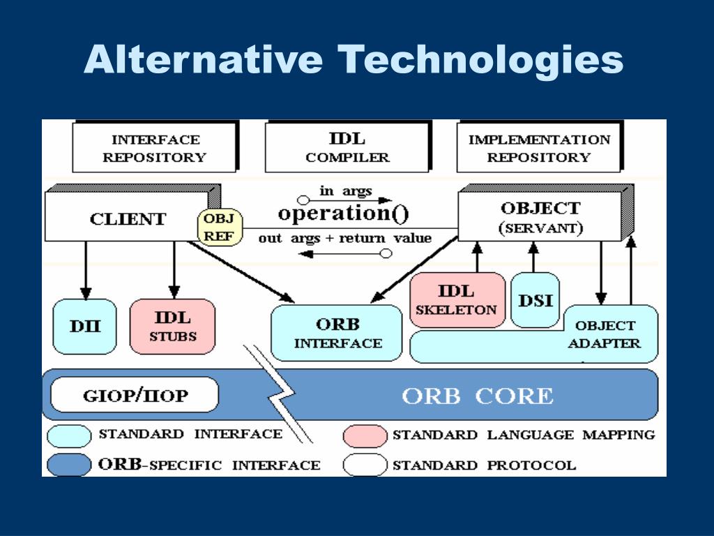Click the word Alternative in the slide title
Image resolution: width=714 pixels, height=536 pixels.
[x=204, y=59]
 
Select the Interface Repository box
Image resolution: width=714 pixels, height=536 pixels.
[x=155, y=147]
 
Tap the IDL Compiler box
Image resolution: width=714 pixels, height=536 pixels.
[x=347, y=147]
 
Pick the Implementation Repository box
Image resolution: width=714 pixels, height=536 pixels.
[x=540, y=147]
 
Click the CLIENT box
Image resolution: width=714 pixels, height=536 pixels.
[x=128, y=216]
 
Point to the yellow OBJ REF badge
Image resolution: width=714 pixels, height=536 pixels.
[x=220, y=228]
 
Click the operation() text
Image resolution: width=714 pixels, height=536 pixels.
[x=343, y=214]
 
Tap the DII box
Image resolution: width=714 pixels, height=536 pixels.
[x=84, y=327]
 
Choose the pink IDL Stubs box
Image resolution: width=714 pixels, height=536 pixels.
[x=173, y=327]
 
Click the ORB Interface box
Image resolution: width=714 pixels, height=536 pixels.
[x=337, y=333]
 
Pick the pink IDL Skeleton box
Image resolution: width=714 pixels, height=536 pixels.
[x=457, y=300]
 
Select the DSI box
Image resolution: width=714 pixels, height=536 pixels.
[x=535, y=300]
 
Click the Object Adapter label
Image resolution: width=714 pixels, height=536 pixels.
[x=605, y=334]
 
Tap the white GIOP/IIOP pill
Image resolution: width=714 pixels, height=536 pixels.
[x=135, y=395]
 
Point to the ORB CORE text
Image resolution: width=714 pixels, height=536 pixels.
[x=478, y=396]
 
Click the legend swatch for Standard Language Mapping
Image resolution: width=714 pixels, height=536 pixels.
[x=365, y=436]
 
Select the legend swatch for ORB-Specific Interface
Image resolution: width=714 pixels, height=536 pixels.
[x=69, y=465]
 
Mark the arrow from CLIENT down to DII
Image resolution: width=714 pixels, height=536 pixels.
[x=86, y=270]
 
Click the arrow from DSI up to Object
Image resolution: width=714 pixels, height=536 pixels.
[x=533, y=257]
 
